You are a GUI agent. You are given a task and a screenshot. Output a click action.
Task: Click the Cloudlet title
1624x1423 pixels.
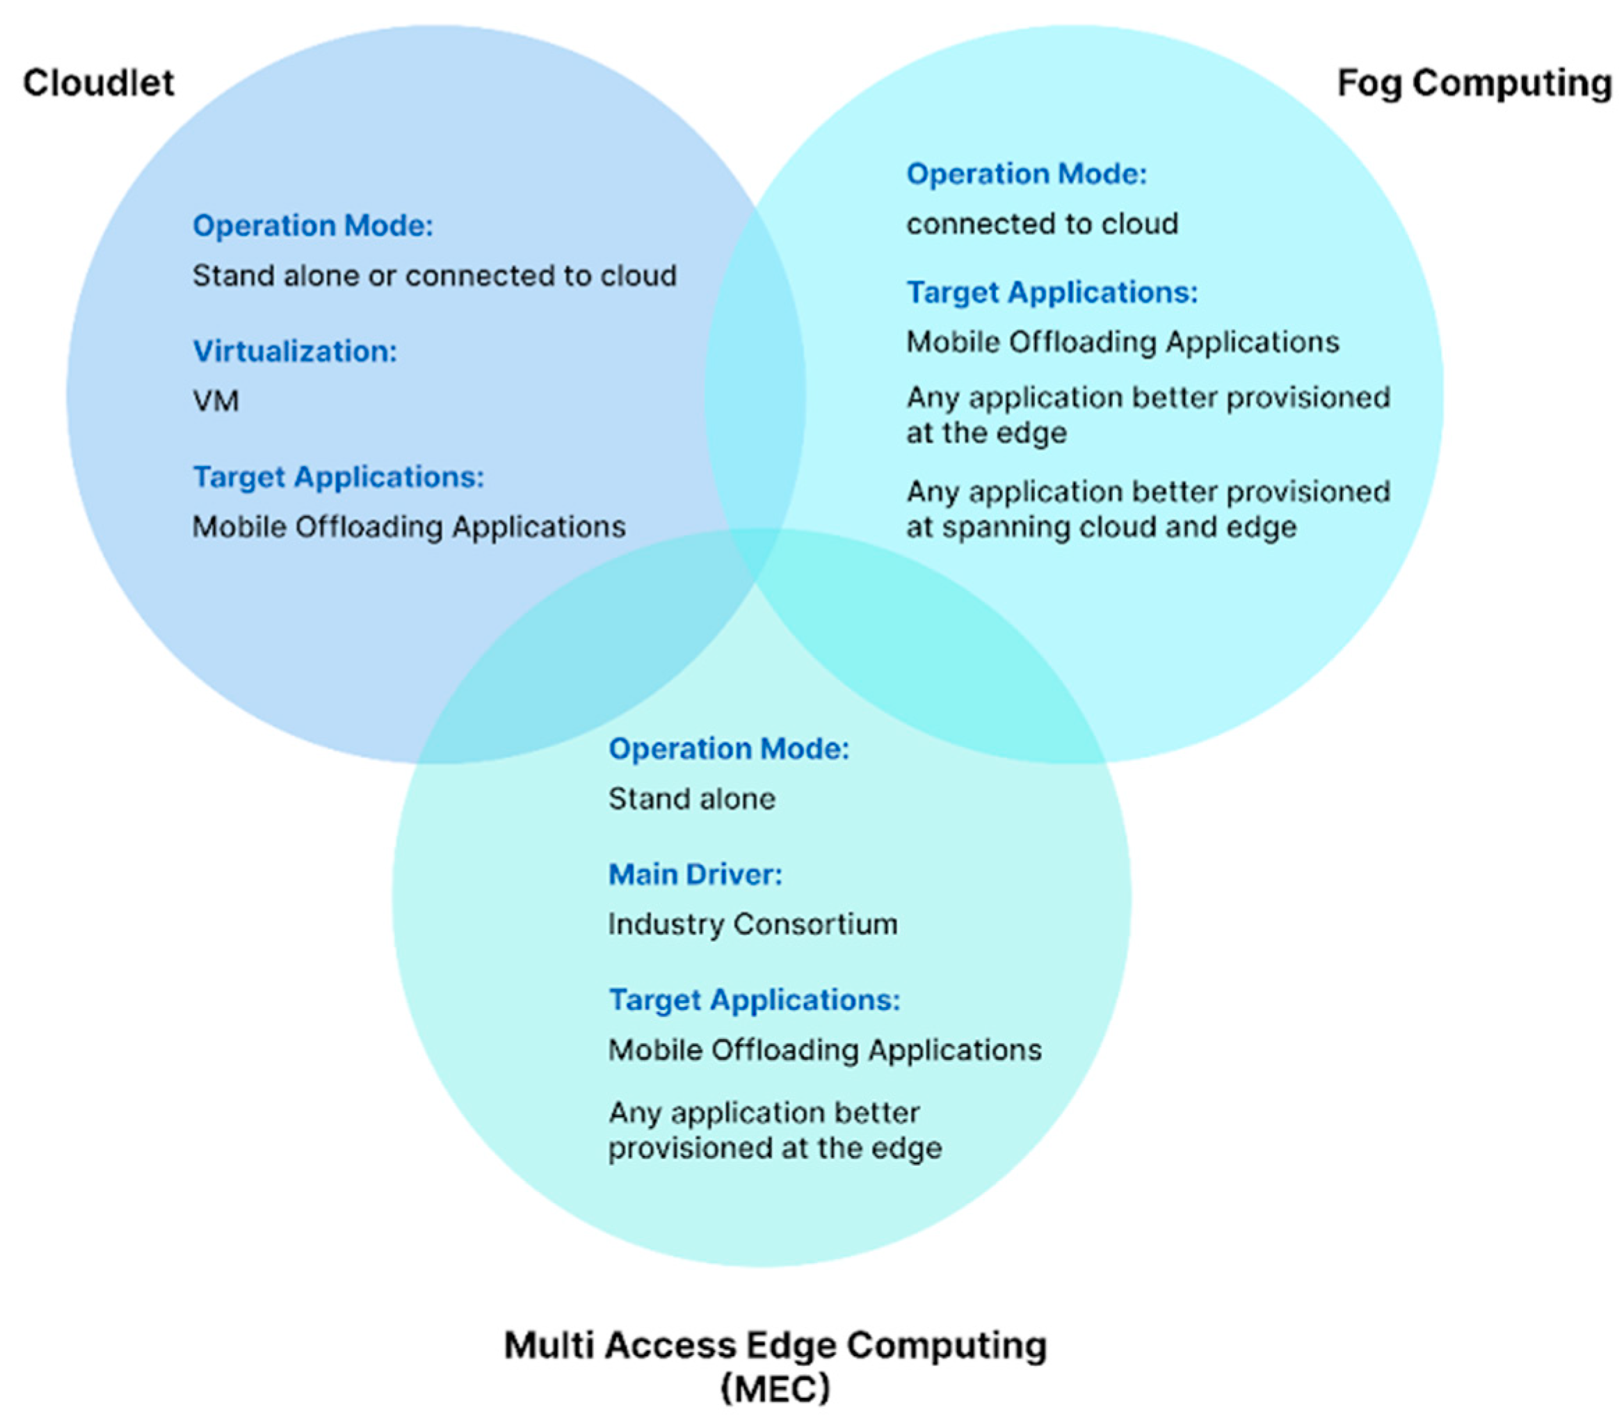tap(99, 83)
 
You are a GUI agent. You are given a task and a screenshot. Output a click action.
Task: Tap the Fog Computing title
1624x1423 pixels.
tap(1474, 83)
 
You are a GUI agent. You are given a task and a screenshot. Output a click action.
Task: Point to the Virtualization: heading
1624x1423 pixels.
tap(295, 351)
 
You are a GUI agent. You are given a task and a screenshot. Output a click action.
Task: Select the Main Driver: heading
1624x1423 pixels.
tap(695, 874)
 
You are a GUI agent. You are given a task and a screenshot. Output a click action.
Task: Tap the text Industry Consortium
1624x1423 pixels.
tap(752, 924)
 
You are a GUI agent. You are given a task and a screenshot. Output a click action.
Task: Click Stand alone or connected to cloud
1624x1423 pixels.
tap(433, 275)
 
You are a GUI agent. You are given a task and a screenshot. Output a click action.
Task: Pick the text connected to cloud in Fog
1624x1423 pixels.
tap(1042, 224)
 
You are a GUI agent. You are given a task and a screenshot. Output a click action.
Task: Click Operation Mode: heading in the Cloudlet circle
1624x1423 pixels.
tap(313, 225)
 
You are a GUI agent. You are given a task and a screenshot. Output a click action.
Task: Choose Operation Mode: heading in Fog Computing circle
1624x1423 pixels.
tap(1026, 174)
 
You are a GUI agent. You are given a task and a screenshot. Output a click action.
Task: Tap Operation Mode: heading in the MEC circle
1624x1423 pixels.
tap(728, 749)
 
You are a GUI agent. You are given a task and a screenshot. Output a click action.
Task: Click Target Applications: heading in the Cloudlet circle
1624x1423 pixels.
tap(338, 476)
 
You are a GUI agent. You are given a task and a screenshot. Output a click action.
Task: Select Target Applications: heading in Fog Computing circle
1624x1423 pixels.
tap(1052, 292)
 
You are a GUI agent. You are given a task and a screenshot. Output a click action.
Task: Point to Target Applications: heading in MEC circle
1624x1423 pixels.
tap(755, 999)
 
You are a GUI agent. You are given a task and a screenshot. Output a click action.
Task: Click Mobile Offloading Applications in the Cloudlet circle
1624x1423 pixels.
tap(408, 526)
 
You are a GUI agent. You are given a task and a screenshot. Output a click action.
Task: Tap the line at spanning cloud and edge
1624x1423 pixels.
tap(1101, 527)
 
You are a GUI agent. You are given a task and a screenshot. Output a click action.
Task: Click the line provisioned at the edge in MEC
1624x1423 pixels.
tap(774, 1148)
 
